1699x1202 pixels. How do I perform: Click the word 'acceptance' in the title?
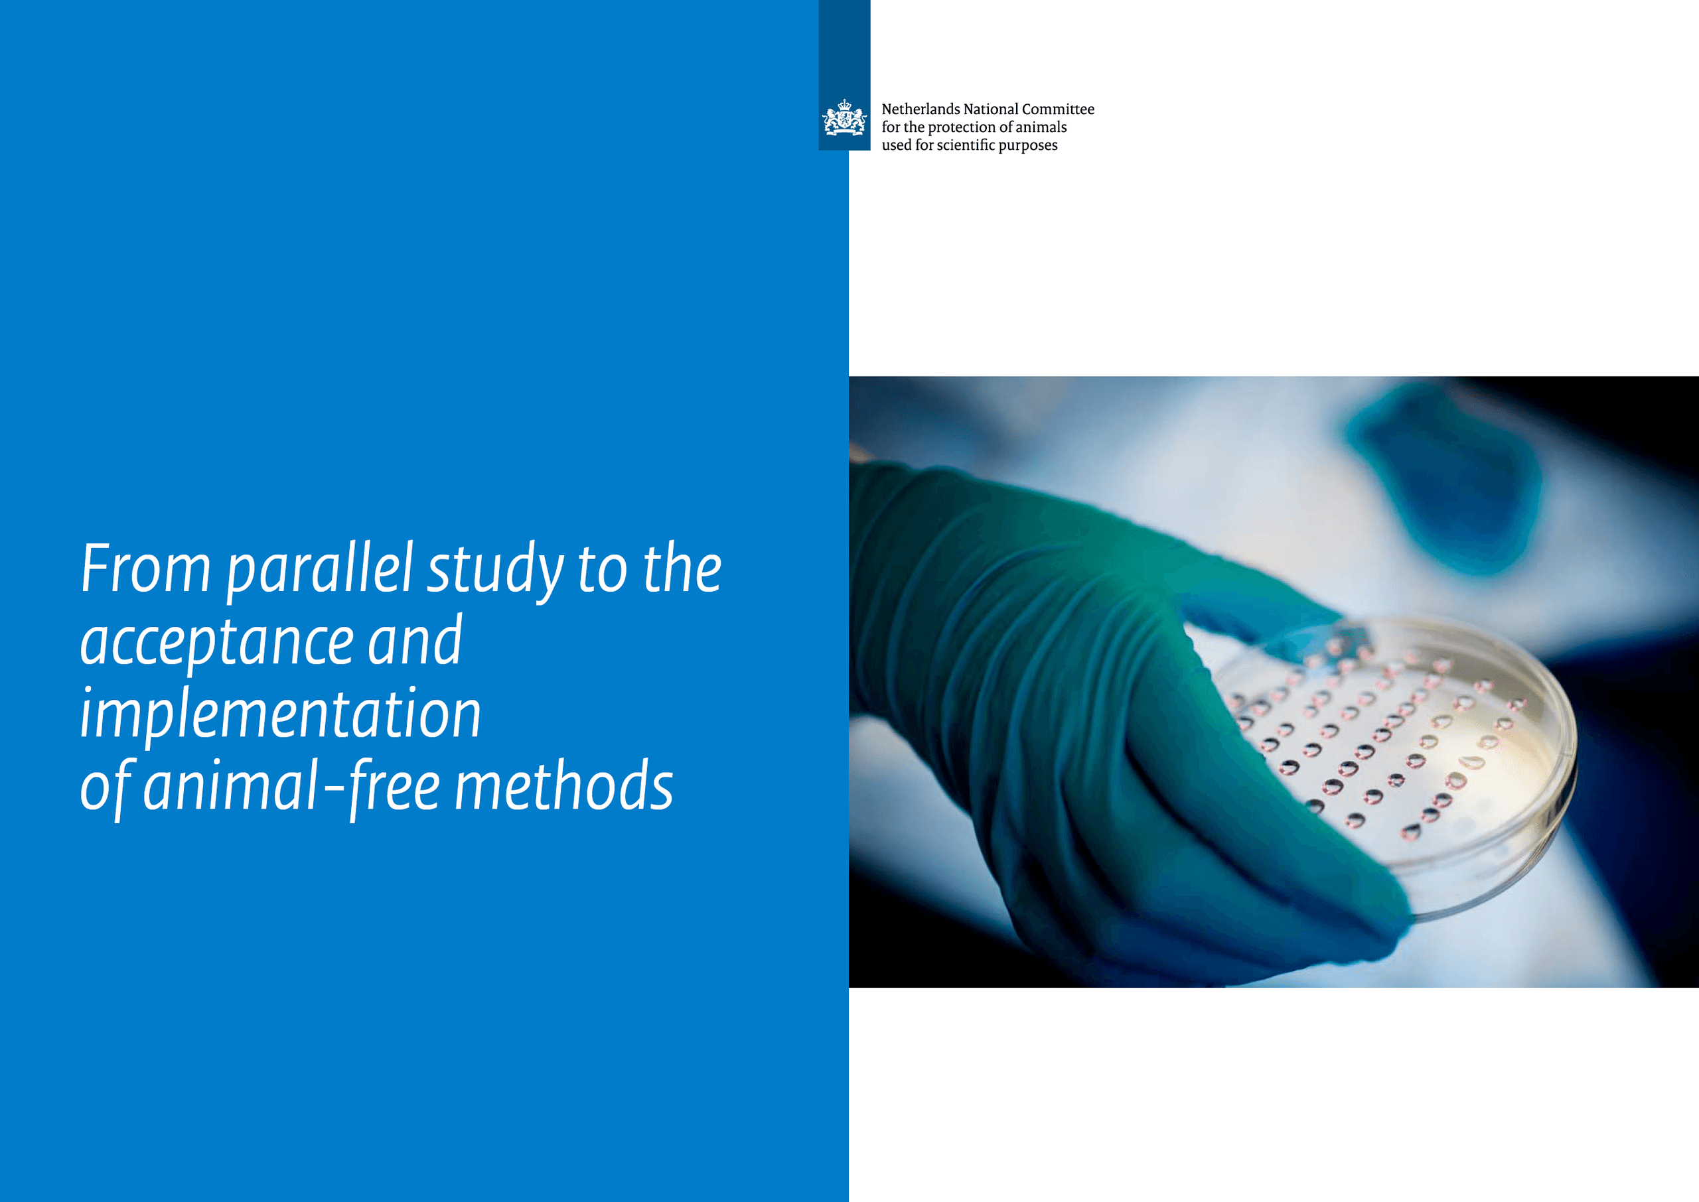(x=216, y=642)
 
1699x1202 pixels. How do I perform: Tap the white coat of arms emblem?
(x=844, y=119)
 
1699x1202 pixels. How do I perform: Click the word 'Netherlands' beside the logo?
(x=921, y=109)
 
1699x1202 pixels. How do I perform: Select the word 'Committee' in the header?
(x=1058, y=109)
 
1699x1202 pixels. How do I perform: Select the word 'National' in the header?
(x=990, y=109)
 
